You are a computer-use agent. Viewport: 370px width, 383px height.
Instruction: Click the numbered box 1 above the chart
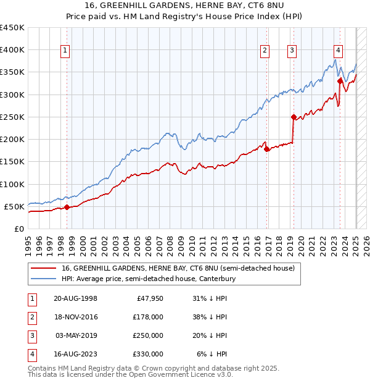[65, 51]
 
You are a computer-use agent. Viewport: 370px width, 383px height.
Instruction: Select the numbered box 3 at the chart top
[292, 51]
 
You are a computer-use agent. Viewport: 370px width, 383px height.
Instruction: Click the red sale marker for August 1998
[67, 207]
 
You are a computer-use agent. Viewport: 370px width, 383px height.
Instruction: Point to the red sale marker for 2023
[340, 81]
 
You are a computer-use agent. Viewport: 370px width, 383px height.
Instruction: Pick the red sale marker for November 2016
[266, 149]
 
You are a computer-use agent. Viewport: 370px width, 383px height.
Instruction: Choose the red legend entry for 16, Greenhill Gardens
[178, 269]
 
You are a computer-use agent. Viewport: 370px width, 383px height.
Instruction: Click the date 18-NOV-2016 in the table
[76, 317]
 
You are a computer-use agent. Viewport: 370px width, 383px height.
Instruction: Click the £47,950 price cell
[149, 298]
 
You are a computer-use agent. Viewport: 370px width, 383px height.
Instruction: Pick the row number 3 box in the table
[31, 335]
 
